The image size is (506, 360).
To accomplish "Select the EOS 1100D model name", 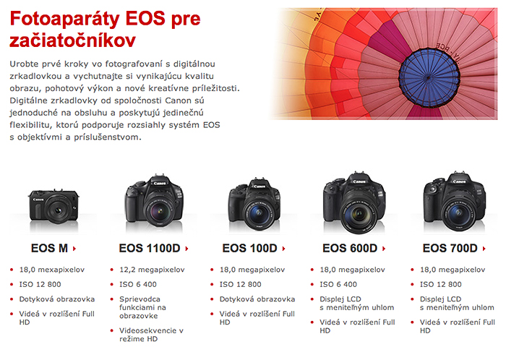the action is pyautogui.click(x=150, y=248).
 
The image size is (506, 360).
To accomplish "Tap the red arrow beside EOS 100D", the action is pyautogui.click(x=283, y=249).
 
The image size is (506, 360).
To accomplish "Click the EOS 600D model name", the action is pyautogui.click(x=350, y=248).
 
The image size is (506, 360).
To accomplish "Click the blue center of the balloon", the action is pyautogui.click(x=429, y=78).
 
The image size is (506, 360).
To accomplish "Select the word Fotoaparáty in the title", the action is pyautogui.click(x=65, y=19).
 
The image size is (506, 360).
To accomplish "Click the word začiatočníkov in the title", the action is pyautogui.click(x=72, y=41).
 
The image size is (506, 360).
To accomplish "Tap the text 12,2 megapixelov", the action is pyautogui.click(x=152, y=270).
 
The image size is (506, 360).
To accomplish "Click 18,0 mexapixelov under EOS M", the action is pyautogui.click(x=52, y=270).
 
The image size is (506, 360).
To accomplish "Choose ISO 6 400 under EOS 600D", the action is pyautogui.click(x=338, y=284).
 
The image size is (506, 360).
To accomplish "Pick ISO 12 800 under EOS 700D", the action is pyautogui.click(x=440, y=284).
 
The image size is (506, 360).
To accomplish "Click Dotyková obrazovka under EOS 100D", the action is pyautogui.click(x=257, y=299).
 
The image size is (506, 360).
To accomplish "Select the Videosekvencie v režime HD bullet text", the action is pyautogui.click(x=151, y=335).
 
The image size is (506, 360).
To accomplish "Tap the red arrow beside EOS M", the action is pyautogui.click(x=74, y=249).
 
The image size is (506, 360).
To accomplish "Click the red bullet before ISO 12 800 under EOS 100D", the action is pyautogui.click(x=212, y=285).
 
